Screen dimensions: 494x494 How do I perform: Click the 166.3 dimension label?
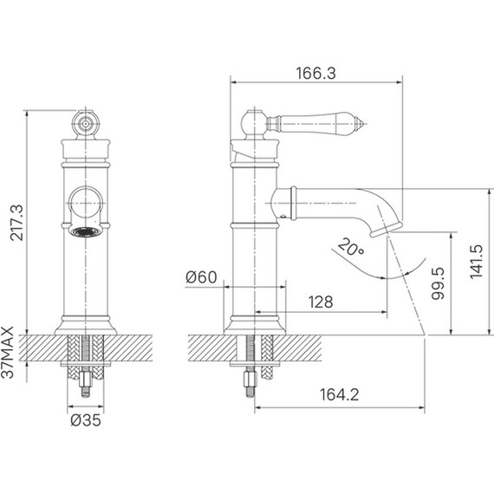[315, 73]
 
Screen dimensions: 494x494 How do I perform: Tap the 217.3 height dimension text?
[16, 223]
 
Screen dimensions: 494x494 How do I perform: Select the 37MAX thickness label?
[7, 352]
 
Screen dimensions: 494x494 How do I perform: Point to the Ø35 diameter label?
[86, 420]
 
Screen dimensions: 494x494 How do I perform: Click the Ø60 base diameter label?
[201, 277]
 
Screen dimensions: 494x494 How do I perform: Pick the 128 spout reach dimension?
[321, 302]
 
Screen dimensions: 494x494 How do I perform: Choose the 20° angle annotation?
[351, 247]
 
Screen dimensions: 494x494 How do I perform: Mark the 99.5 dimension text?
[438, 283]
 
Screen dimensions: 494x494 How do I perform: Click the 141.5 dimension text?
[477, 262]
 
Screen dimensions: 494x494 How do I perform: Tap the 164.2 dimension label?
[340, 394]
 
